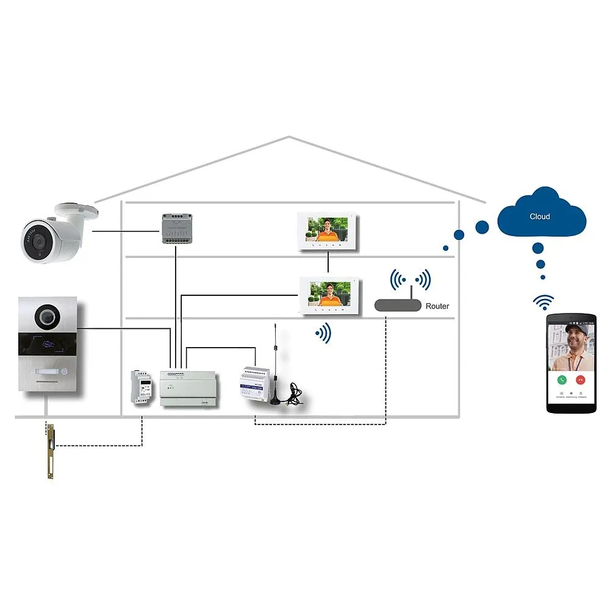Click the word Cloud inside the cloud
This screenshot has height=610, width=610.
coord(539,217)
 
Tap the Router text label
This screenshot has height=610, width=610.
coord(437,306)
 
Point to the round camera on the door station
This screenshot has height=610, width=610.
coord(47,315)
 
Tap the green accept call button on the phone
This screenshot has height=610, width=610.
coord(562,379)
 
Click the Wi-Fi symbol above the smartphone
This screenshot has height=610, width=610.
coord(543,301)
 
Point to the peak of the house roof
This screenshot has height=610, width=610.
coord(289,137)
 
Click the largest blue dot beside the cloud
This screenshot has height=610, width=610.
coord(482,228)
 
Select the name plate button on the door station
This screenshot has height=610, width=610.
coord(46,372)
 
